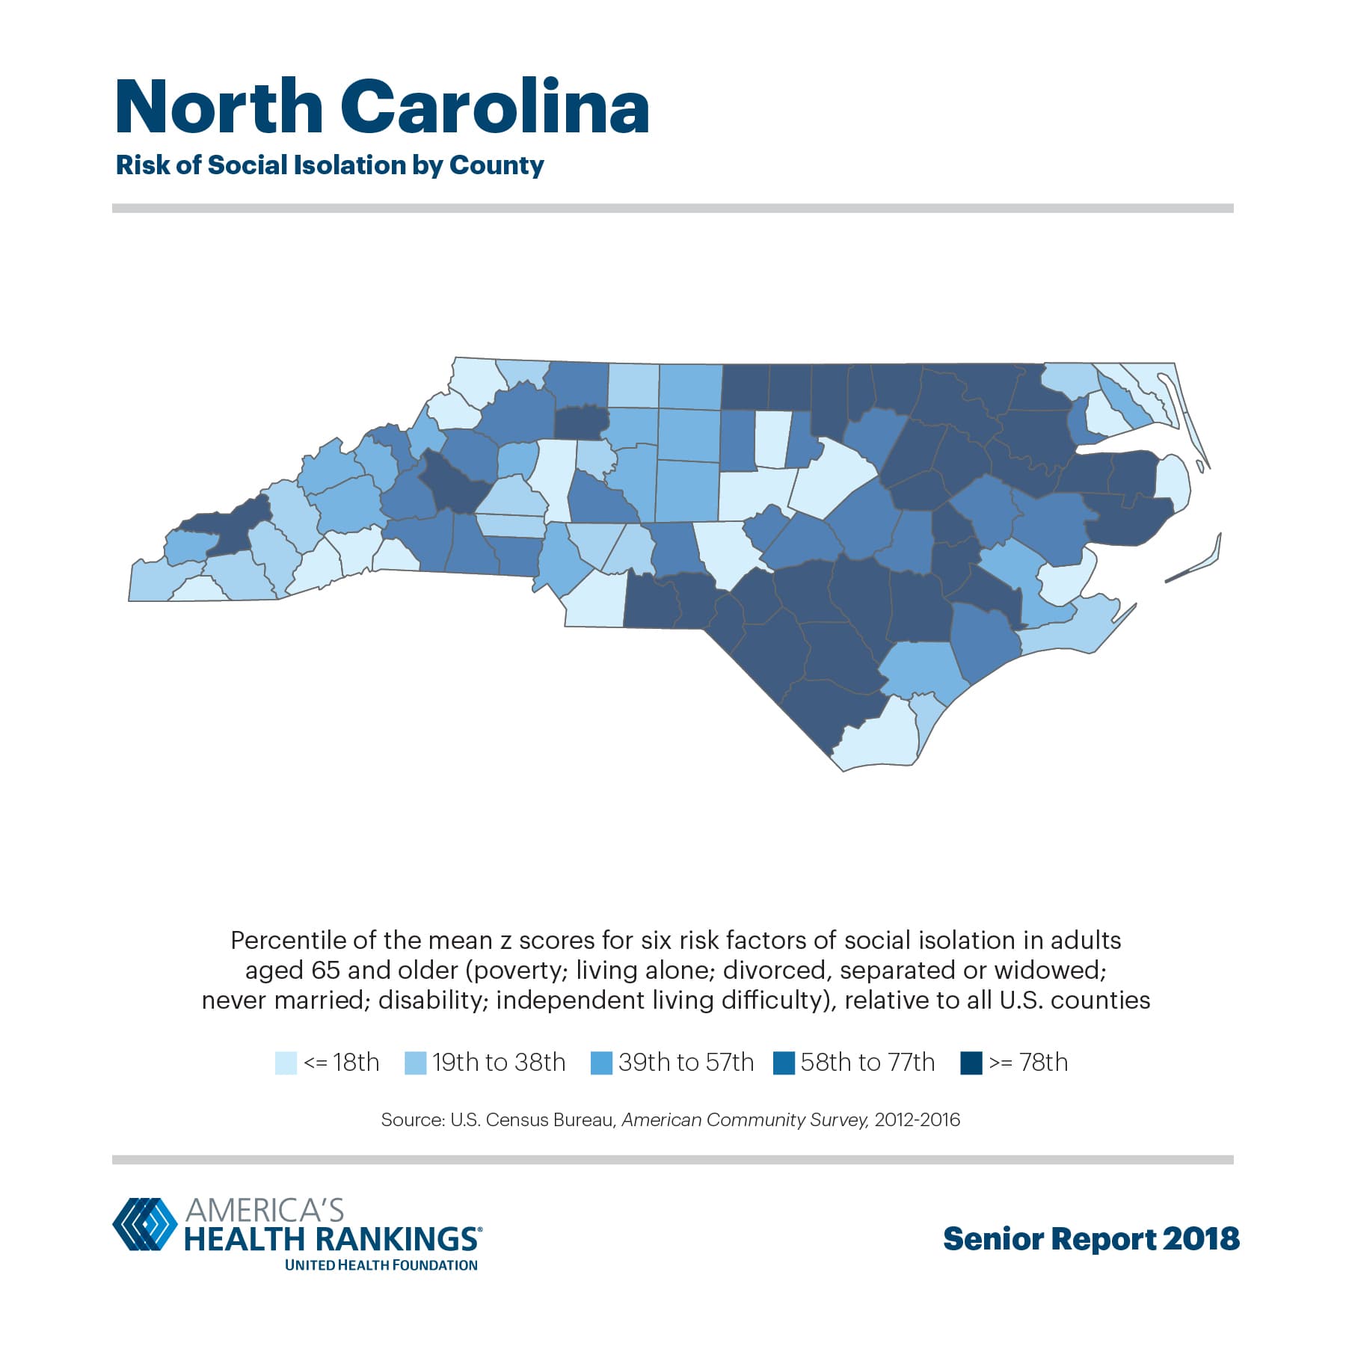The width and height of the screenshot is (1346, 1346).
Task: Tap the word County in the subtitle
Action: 497,165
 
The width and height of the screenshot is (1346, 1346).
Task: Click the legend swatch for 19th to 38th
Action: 415,1063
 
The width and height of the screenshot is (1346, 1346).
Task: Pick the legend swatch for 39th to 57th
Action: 601,1063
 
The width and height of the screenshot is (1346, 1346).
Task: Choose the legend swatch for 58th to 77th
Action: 784,1063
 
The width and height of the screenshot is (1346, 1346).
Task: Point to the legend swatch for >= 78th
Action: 971,1063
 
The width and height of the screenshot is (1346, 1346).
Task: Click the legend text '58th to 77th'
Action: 867,1063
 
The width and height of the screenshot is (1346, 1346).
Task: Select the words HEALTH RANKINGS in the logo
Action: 331,1238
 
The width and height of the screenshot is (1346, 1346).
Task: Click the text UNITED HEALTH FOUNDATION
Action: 381,1265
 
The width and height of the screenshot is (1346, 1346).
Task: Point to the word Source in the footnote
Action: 411,1120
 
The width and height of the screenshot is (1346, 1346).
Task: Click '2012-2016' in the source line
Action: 917,1120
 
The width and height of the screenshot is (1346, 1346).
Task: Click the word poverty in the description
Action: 517,970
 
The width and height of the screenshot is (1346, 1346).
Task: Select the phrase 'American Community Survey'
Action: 745,1120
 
